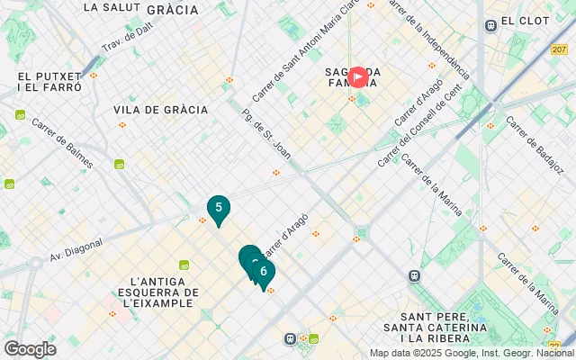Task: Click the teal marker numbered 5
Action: click(x=218, y=209)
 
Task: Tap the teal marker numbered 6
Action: click(x=263, y=271)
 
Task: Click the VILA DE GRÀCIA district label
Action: click(x=161, y=110)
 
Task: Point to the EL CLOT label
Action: click(x=520, y=22)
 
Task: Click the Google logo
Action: click(x=30, y=348)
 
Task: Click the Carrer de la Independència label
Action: click(x=429, y=38)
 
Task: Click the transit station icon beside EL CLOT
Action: click(x=490, y=25)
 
